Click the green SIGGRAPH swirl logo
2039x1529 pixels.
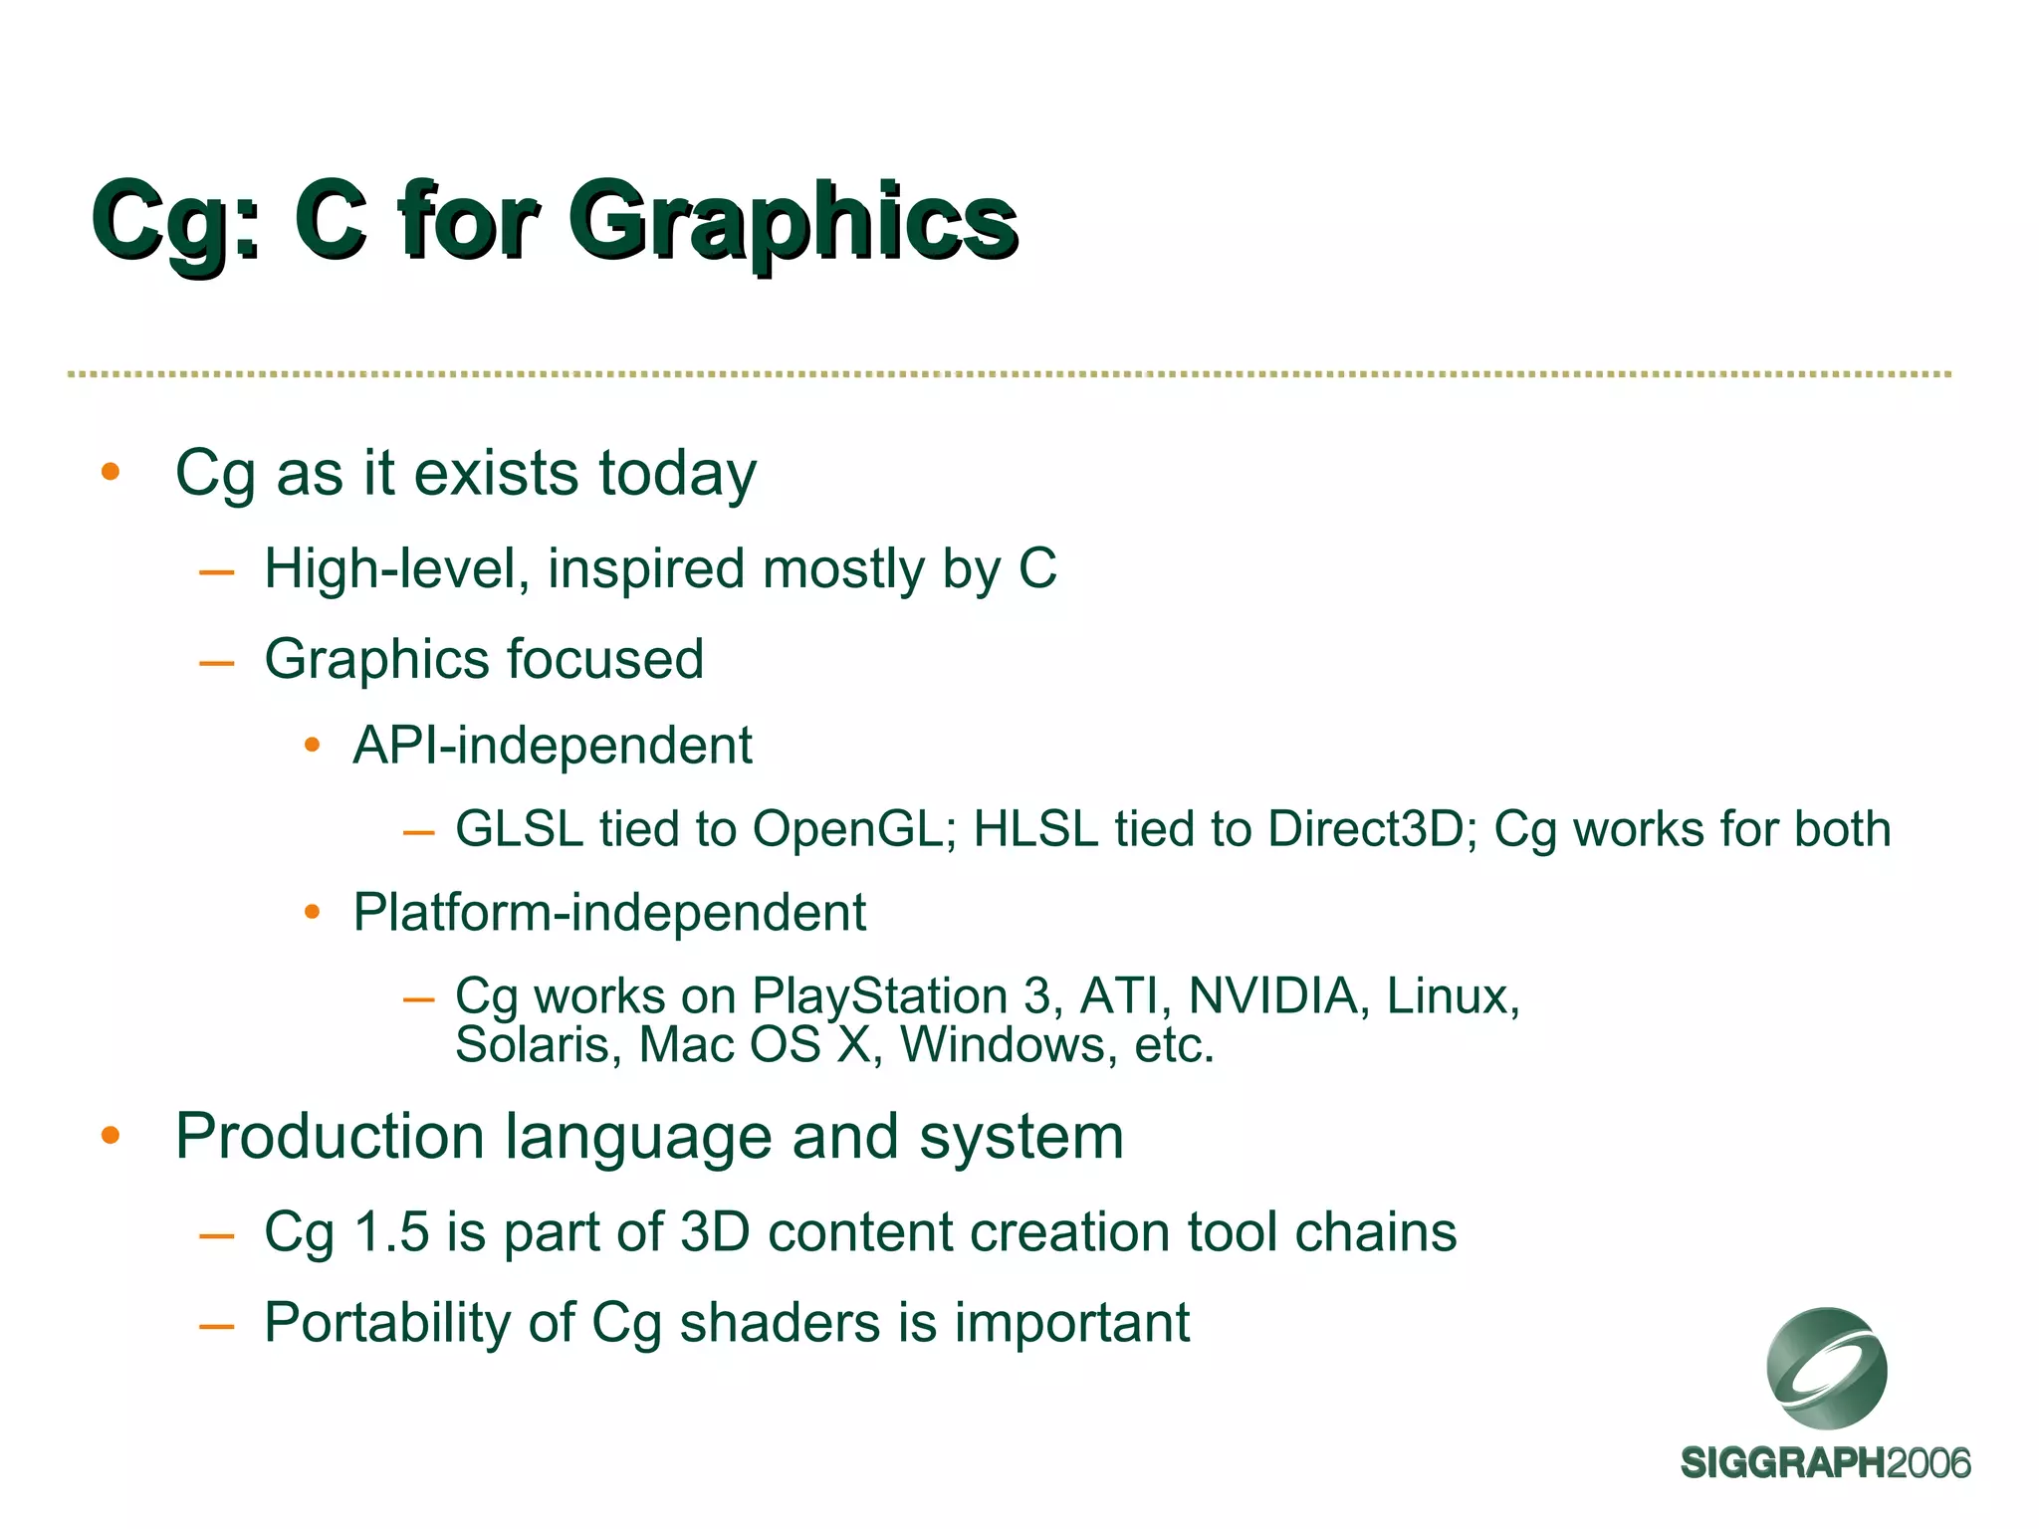(x=1826, y=1368)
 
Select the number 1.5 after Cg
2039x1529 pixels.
(x=391, y=1232)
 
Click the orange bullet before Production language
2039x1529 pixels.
(x=111, y=1136)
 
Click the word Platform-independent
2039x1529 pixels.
(x=609, y=912)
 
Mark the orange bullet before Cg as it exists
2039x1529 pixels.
(x=111, y=472)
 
